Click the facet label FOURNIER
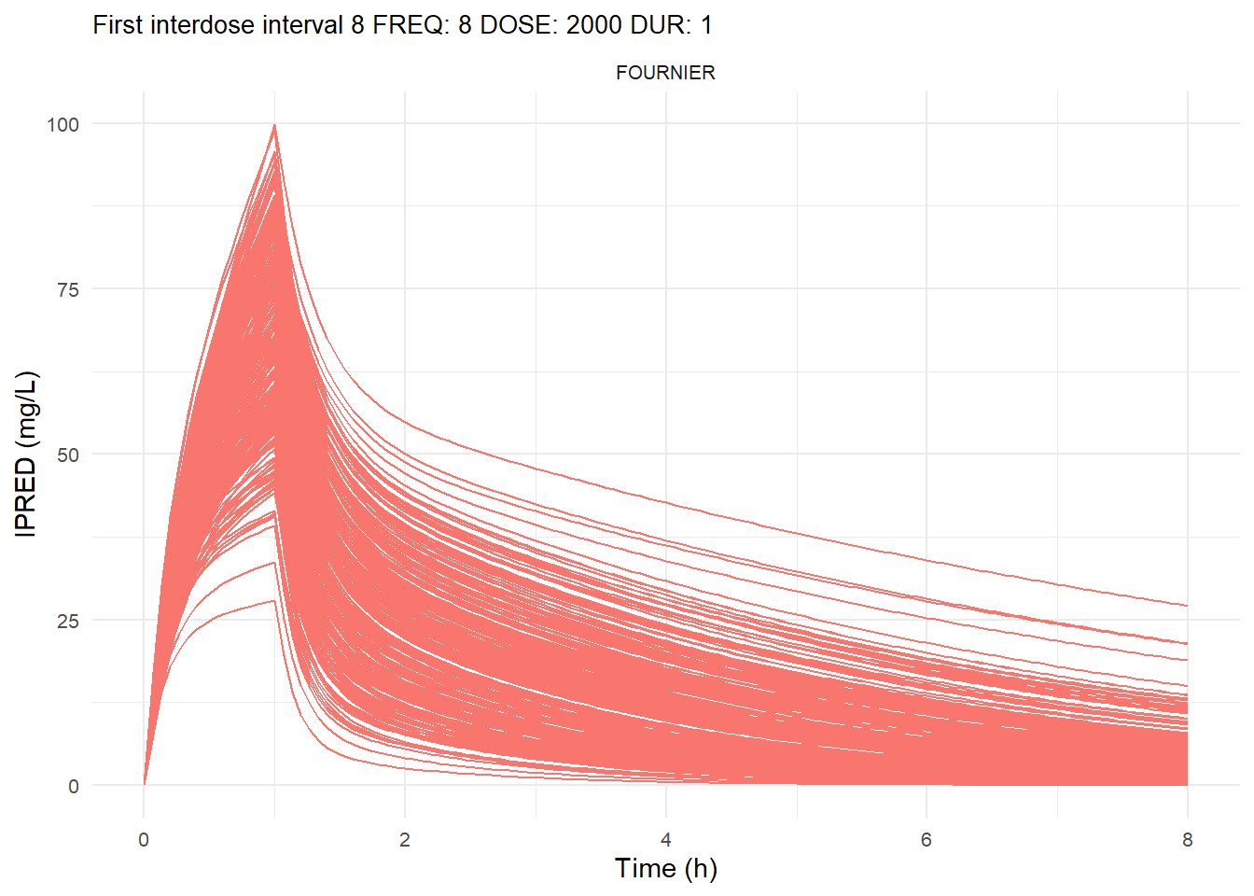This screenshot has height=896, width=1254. click(x=665, y=73)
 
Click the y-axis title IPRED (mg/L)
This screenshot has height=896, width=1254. click(x=26, y=454)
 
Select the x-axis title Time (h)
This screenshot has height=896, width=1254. click(x=665, y=868)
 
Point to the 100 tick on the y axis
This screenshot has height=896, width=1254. click(x=63, y=124)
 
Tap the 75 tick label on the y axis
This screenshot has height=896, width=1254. click(x=67, y=289)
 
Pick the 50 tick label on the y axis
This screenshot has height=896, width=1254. click(x=67, y=455)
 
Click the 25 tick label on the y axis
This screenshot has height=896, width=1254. click(x=67, y=621)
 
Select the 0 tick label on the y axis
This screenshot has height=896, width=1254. click(x=74, y=786)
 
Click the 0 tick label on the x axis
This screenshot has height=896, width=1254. click(x=144, y=840)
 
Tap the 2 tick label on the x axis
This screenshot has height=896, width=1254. click(x=405, y=840)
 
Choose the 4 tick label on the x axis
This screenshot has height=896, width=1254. click(x=666, y=840)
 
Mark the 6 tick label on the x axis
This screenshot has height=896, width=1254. click(x=927, y=840)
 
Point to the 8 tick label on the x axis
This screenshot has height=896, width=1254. click(x=1187, y=840)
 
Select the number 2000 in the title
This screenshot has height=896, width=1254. click(x=593, y=25)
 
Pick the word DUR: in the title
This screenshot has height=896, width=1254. click(x=662, y=25)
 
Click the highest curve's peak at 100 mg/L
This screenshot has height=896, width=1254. click(x=274, y=125)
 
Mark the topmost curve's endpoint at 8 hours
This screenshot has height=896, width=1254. click(x=1187, y=607)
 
